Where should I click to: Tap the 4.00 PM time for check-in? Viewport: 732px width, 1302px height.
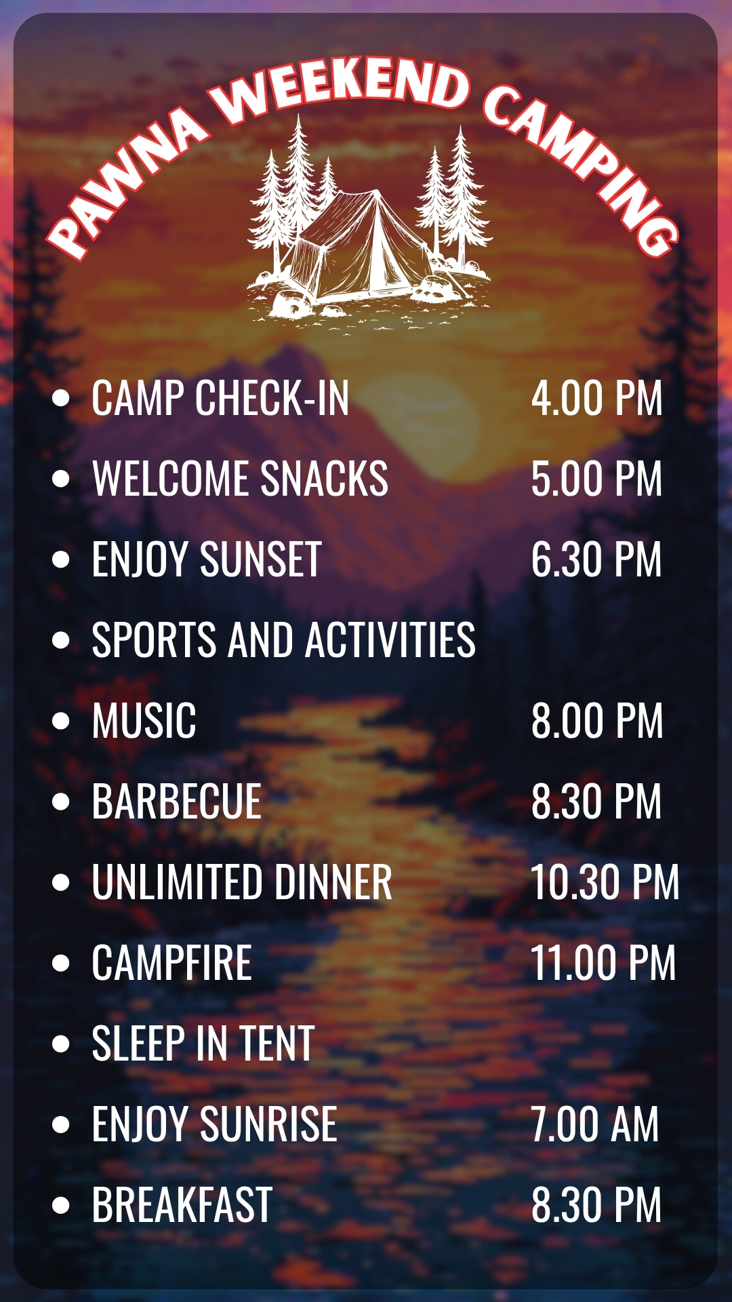[596, 398]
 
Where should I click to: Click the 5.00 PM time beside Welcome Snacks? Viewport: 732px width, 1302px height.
[596, 479]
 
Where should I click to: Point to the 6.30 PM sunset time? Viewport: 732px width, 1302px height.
[596, 559]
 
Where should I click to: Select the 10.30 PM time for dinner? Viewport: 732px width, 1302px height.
[605, 882]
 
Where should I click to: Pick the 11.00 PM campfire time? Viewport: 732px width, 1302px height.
[603, 963]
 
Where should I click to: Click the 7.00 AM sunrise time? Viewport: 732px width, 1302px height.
[594, 1124]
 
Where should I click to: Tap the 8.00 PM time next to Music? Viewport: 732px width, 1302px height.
[596, 721]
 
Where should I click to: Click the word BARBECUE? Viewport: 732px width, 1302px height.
[177, 802]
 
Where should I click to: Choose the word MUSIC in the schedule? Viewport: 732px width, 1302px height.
[144, 721]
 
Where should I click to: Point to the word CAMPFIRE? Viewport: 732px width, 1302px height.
[172, 963]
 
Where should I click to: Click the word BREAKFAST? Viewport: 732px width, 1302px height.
[182, 1205]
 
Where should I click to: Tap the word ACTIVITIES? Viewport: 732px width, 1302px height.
[390, 640]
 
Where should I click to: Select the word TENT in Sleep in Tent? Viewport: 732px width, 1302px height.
[277, 1044]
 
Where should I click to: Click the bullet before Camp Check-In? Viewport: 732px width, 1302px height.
[61, 398]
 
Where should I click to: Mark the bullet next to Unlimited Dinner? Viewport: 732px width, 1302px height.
[61, 882]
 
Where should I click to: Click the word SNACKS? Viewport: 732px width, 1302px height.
[325, 479]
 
